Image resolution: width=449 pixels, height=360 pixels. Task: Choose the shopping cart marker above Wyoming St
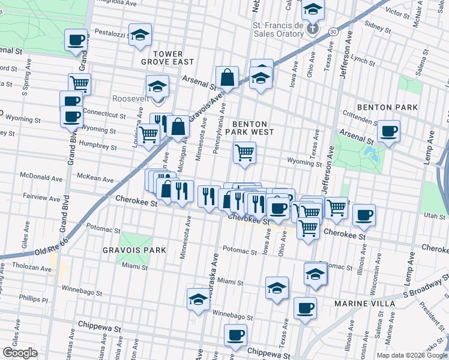click(x=244, y=153)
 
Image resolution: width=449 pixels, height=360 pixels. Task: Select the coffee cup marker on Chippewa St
click(x=236, y=335)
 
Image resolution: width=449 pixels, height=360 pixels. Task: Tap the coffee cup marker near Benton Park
click(x=388, y=130)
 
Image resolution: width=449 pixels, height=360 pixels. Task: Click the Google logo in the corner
click(x=20, y=353)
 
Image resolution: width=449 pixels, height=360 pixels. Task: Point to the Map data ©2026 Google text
click(x=411, y=355)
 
